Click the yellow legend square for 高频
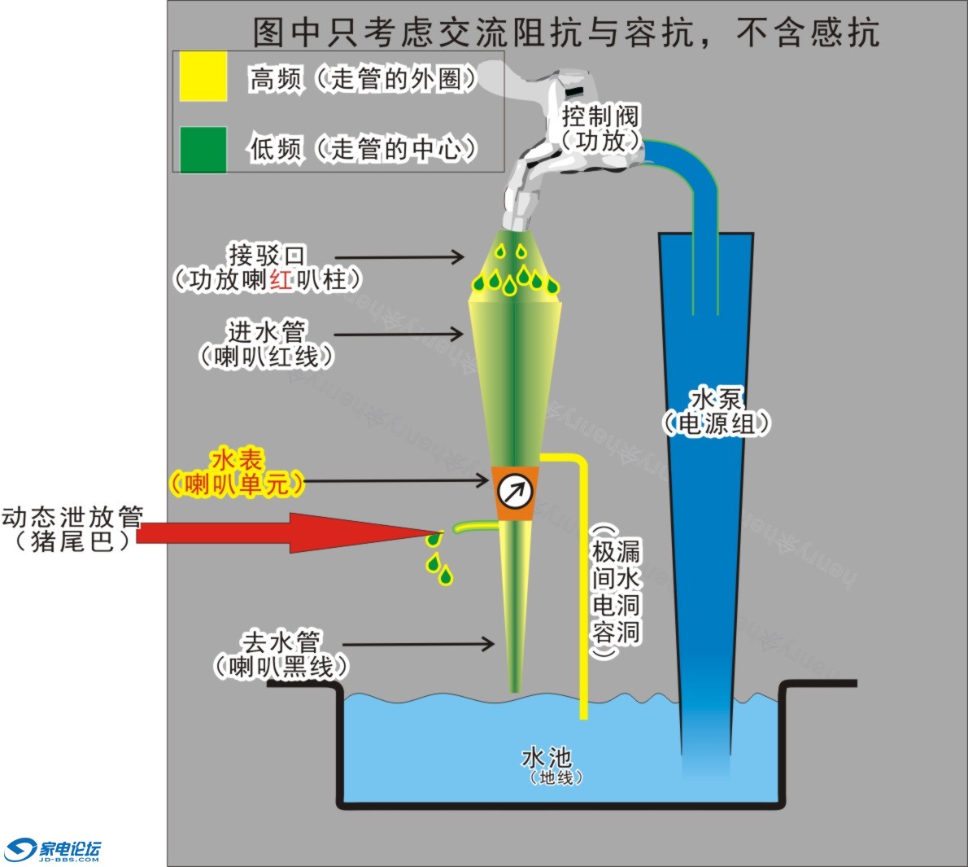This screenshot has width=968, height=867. pos(203,77)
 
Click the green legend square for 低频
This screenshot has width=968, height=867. pos(203,149)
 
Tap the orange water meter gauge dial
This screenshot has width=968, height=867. pos(515,492)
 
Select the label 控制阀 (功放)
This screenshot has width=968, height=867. pos(600,128)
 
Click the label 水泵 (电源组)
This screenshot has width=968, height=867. pos(715,411)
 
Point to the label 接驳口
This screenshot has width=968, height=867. pos(266,255)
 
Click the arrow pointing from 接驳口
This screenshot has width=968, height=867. pos(399,257)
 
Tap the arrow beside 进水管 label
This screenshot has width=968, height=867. pos(399,334)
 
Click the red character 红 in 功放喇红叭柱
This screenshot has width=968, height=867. pos(281,280)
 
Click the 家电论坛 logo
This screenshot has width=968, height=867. pos(53,850)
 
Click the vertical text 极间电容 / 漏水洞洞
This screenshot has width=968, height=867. pos(615,591)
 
